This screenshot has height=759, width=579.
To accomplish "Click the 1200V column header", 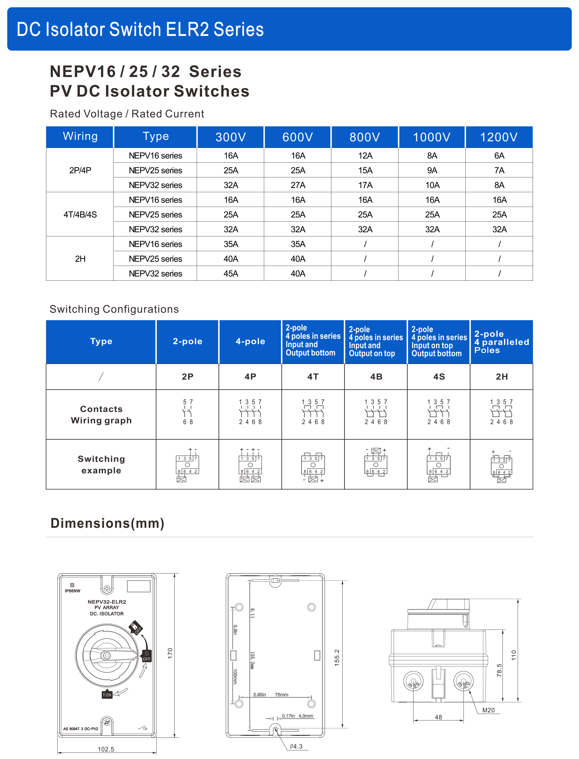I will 499,137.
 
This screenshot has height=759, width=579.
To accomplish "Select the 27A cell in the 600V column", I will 298,185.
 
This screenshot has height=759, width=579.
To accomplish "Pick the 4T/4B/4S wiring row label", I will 80,215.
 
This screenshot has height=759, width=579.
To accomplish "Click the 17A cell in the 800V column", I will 365,185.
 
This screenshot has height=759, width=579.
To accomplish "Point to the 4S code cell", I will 439,376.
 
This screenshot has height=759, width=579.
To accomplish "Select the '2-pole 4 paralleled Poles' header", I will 501,342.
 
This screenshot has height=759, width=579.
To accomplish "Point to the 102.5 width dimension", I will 106,749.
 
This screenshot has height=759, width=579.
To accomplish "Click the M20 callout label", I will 488,710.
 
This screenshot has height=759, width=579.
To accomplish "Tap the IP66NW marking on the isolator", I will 72,591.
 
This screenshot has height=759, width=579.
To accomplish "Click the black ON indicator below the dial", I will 107,695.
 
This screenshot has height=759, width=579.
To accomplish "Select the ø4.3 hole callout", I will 296,746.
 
